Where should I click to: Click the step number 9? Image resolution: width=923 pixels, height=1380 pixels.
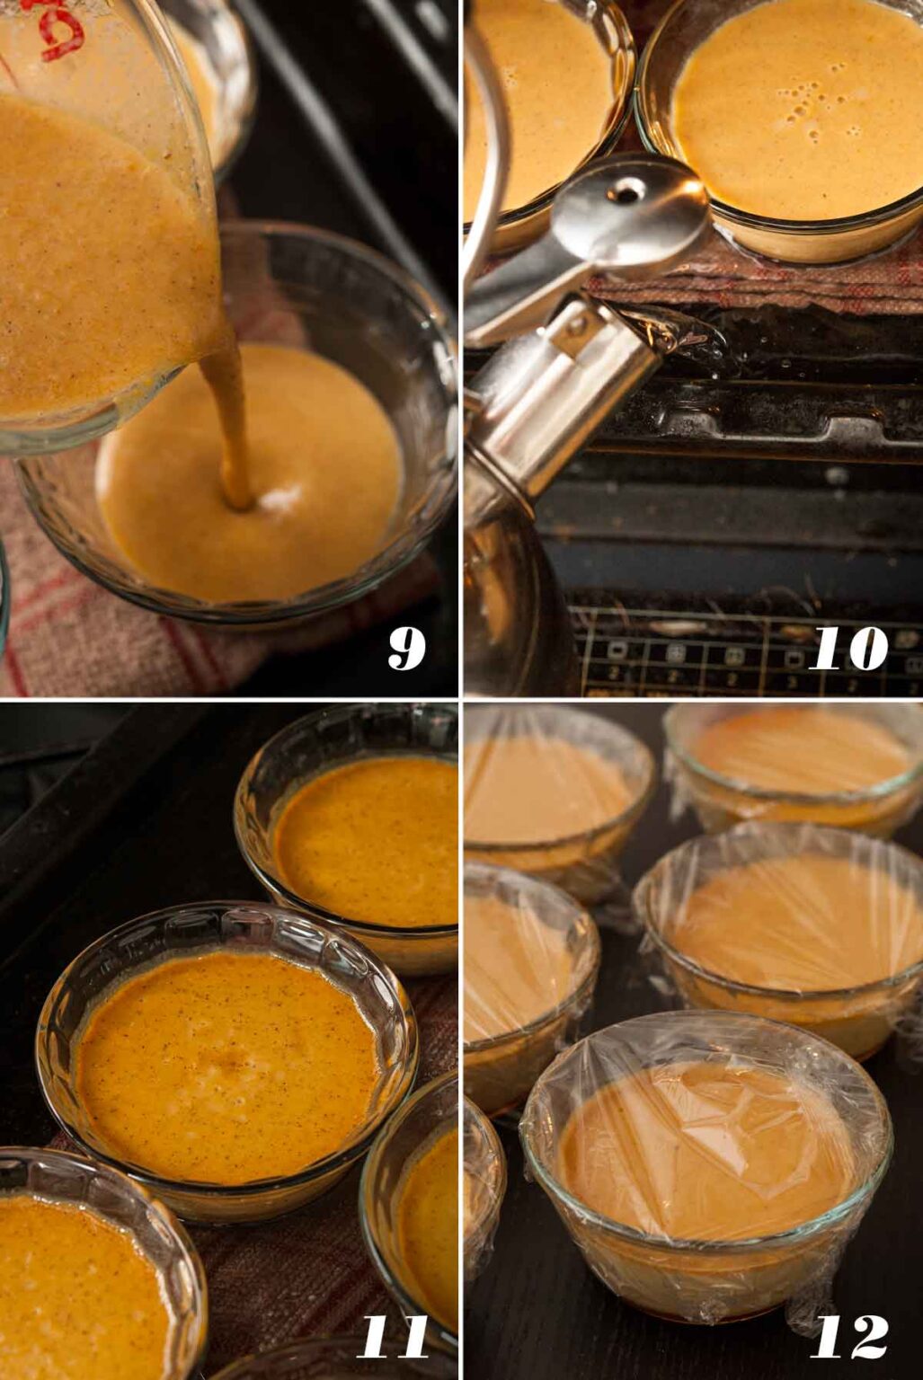tap(406, 650)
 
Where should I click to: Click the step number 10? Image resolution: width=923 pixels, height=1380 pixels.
tap(848, 650)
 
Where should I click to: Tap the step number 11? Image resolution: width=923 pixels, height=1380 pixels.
tap(393, 1339)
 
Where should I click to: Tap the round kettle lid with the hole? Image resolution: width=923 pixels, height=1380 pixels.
tap(629, 211)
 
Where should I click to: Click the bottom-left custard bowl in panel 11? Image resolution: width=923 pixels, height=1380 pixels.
tap(81, 1276)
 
